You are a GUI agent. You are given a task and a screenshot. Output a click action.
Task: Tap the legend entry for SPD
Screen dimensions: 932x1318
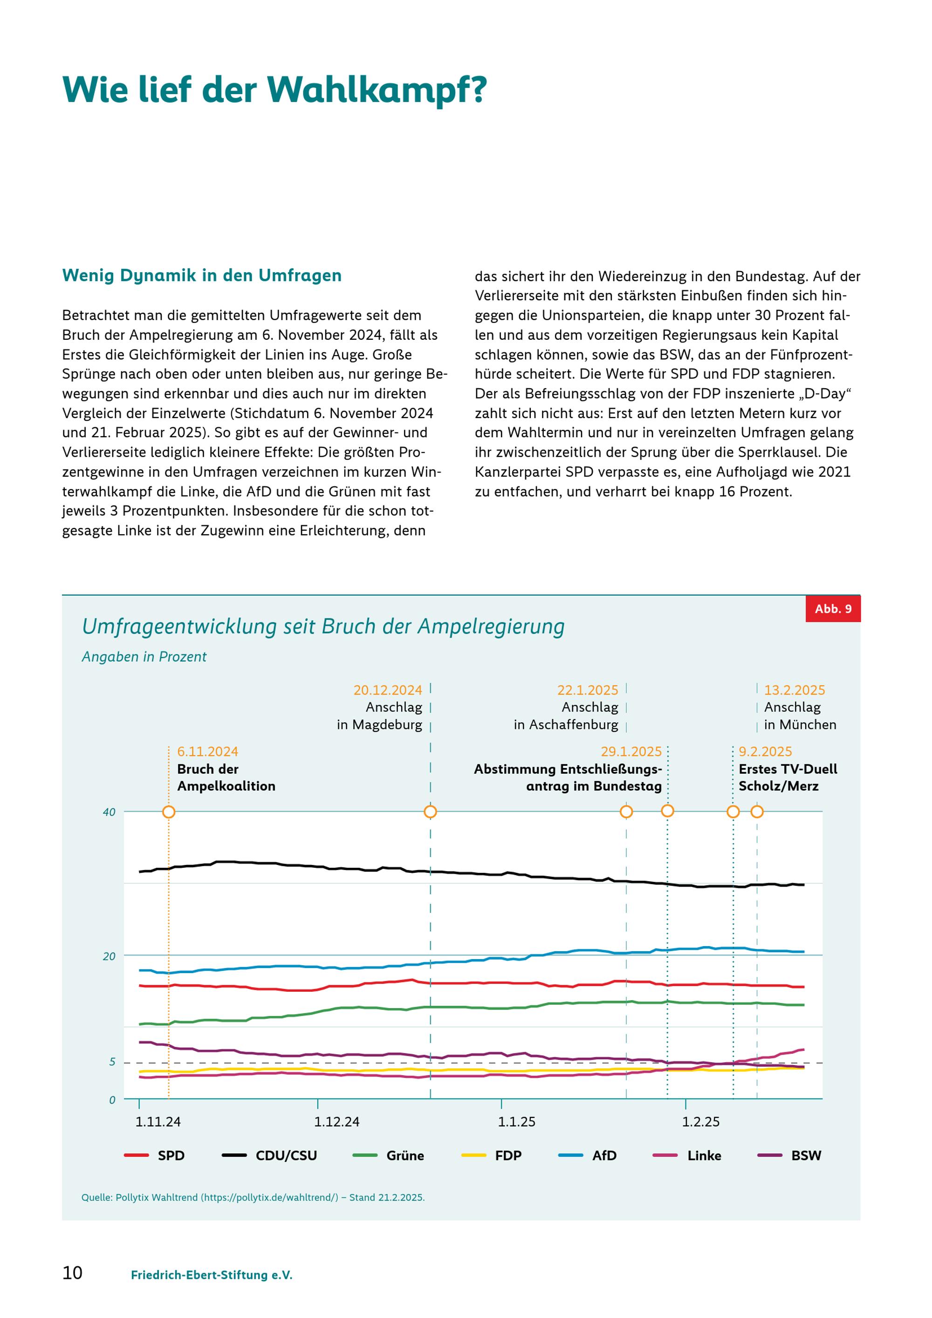[154, 1155]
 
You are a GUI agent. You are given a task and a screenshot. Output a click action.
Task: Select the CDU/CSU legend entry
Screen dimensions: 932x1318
[269, 1155]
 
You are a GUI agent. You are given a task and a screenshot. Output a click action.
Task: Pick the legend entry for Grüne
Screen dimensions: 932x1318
[389, 1155]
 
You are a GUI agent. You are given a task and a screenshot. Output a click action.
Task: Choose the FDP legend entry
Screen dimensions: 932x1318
[492, 1155]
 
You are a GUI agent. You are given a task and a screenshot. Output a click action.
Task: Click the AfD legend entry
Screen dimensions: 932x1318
[588, 1155]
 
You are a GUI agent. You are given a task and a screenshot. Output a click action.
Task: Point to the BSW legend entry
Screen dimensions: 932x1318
[790, 1155]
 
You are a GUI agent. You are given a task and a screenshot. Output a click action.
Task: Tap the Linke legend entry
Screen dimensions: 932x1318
[687, 1155]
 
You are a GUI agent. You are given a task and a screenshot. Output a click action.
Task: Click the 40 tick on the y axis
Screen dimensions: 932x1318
[109, 812]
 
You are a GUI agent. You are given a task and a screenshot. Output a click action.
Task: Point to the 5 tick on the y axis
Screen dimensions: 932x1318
[112, 1062]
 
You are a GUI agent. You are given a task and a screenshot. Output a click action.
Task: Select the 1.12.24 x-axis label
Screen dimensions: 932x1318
[337, 1122]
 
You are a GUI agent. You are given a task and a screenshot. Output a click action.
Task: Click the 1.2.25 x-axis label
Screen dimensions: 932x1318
[701, 1122]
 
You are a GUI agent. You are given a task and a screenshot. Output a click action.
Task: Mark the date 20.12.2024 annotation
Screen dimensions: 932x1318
[388, 690]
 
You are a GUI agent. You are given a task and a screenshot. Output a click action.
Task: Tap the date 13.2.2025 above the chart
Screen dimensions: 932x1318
[795, 690]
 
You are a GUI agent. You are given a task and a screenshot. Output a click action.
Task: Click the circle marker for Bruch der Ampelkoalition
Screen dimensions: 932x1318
[169, 812]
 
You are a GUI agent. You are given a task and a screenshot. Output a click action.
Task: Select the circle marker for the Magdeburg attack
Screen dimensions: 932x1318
[431, 812]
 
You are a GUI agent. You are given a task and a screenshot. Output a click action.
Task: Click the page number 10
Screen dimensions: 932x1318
[72, 1273]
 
